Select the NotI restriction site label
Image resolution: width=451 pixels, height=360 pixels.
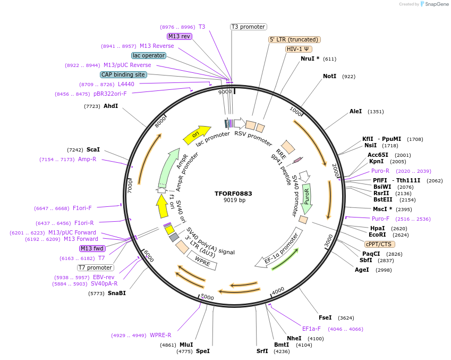point(329,77)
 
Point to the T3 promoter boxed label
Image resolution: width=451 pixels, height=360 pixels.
point(248,27)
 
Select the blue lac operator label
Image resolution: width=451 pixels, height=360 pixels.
point(148,55)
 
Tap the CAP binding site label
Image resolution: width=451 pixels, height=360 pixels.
point(123,75)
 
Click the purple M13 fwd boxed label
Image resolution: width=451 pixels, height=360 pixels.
point(92,249)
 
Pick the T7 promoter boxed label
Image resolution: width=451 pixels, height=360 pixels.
point(95,267)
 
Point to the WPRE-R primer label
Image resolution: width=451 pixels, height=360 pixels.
point(160,336)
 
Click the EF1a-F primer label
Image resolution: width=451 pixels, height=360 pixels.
point(311,329)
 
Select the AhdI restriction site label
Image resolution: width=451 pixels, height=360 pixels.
point(111,106)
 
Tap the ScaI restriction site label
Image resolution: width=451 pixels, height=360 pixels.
point(93,150)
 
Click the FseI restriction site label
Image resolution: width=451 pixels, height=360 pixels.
point(325,318)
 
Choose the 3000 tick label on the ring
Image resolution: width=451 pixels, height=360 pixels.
point(328,239)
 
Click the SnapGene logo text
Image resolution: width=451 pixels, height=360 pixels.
point(435,4)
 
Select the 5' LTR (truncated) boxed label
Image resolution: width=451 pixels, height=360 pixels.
point(294,39)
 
